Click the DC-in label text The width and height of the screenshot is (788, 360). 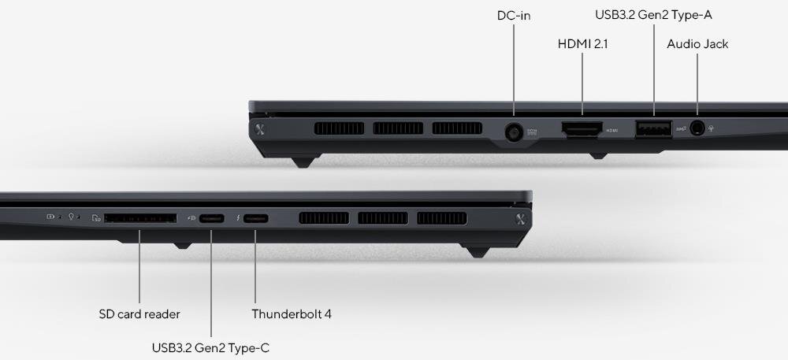coord(514,16)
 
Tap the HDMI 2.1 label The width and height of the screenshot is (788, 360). coord(582,44)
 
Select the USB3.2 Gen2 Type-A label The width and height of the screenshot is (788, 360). coord(653,15)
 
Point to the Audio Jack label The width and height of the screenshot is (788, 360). coord(697,44)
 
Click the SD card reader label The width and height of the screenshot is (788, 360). coord(139,314)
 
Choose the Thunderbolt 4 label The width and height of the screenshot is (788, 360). coord(292,314)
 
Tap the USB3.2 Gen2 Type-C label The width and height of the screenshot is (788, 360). coord(210,347)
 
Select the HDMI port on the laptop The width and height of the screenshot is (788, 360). coord(582,129)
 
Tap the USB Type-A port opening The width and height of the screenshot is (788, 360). coord(653,128)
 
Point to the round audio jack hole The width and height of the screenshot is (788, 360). coord(697,128)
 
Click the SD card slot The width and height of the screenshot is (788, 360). coord(141,218)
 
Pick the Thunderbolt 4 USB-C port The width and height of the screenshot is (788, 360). coord(255,218)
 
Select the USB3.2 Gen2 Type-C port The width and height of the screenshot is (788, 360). coord(211,218)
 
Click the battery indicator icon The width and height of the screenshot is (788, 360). coord(50,217)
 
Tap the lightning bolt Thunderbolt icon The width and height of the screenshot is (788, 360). coord(237,218)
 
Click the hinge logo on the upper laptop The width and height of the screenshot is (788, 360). coord(260,129)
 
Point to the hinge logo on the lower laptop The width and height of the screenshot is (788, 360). coord(521,219)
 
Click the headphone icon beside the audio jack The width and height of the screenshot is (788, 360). coord(711,128)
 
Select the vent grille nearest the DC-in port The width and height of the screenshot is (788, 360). coord(457,128)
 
